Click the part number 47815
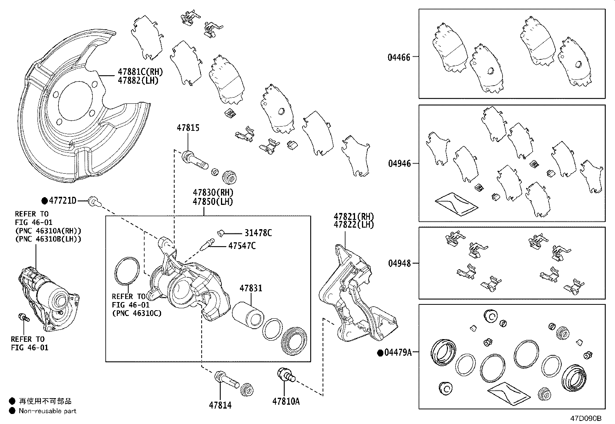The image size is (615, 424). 188,128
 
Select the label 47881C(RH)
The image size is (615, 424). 140,72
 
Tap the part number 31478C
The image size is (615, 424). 258,233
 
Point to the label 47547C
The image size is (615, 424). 242,246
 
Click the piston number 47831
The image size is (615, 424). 251,288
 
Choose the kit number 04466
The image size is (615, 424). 399,57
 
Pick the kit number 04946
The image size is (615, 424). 399,164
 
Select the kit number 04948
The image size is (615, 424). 399,263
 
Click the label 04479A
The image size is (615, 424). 398,352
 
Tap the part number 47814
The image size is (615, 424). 220,405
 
